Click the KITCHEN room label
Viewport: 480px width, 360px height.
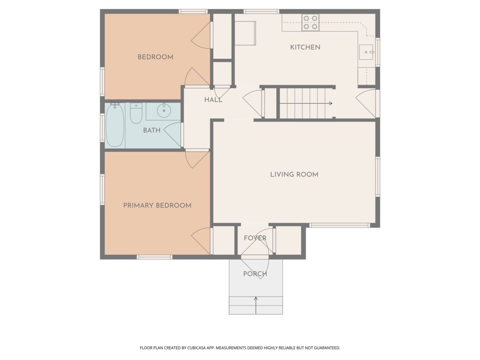[305, 47]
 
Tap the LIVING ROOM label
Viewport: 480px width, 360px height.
[294, 175]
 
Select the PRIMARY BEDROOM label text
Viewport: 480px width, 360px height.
[157, 205]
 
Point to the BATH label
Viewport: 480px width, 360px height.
[152, 130]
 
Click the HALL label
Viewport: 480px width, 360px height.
[213, 100]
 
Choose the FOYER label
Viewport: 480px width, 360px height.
[255, 238]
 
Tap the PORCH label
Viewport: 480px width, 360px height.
[255, 274]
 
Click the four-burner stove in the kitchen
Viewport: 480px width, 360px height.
[310, 22]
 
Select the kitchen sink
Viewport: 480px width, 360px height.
[366, 52]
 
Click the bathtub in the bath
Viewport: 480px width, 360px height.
[115, 125]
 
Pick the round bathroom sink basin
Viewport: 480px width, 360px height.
[164, 111]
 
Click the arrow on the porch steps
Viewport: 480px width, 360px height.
[256, 305]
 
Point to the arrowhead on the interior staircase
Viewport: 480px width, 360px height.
[331, 103]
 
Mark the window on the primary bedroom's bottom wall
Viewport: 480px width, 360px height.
[154, 257]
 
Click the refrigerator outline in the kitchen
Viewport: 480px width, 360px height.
[245, 33]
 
